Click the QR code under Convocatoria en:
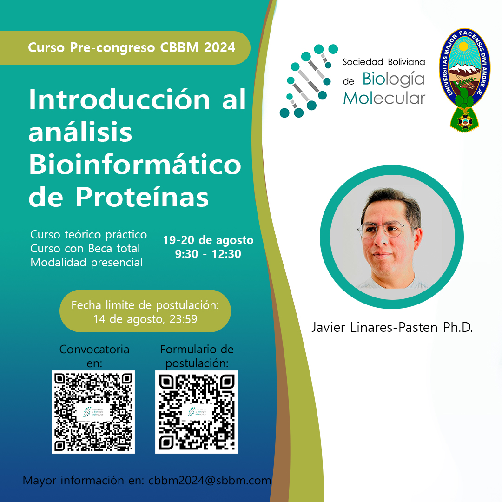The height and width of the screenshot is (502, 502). [93, 412]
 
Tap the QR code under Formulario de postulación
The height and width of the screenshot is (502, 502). [197, 412]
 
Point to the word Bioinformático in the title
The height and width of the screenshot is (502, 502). [135, 165]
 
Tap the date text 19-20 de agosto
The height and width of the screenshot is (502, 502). [208, 240]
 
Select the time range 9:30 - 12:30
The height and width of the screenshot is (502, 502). [208, 254]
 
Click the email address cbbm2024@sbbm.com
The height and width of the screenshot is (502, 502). [210, 481]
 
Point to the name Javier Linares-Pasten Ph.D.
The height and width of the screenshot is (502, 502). [392, 327]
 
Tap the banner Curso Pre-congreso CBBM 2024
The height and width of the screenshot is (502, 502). [132, 48]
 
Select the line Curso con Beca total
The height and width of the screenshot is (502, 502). [85, 249]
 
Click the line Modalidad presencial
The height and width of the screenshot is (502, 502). [86, 262]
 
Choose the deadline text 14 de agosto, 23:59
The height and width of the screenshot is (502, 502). [145, 319]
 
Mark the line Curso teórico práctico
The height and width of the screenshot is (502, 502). [88, 235]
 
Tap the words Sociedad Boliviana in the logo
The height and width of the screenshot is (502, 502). [383, 62]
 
